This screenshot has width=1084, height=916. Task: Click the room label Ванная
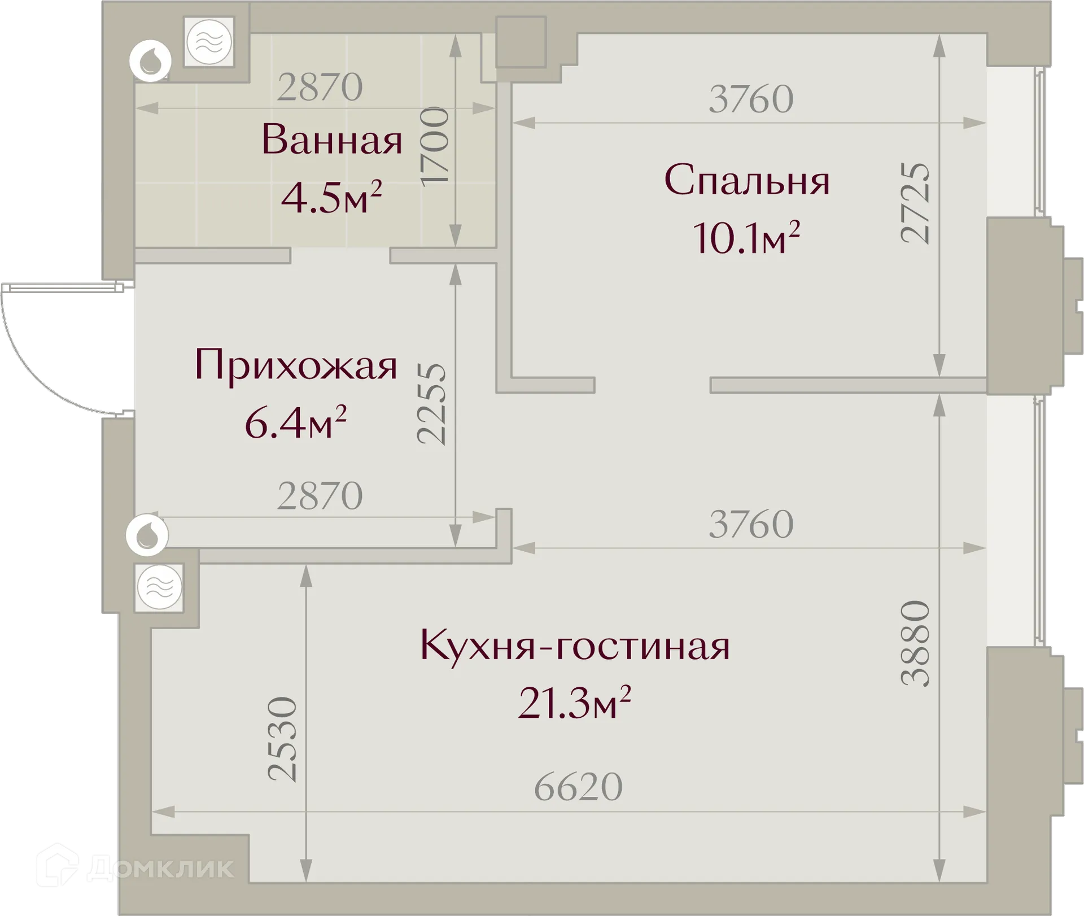click(x=332, y=140)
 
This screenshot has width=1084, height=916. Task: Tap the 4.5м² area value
click(x=331, y=198)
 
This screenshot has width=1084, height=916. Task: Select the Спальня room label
click(x=747, y=181)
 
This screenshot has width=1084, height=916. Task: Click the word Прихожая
click(x=296, y=365)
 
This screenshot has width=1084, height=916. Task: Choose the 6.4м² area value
click(x=295, y=423)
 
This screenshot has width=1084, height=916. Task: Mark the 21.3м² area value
click(x=574, y=703)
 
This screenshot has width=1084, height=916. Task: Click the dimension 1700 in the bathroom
click(x=435, y=145)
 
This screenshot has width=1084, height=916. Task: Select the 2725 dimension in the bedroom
click(x=915, y=203)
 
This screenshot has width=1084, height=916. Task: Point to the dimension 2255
click(x=432, y=404)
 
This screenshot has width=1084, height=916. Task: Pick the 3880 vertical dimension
click(x=915, y=644)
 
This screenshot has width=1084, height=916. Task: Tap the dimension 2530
click(x=282, y=739)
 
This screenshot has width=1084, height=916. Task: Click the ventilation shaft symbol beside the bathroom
click(x=209, y=42)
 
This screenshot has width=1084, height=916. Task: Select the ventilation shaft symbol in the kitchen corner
click(x=160, y=587)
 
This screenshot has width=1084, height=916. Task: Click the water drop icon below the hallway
click(x=147, y=534)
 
